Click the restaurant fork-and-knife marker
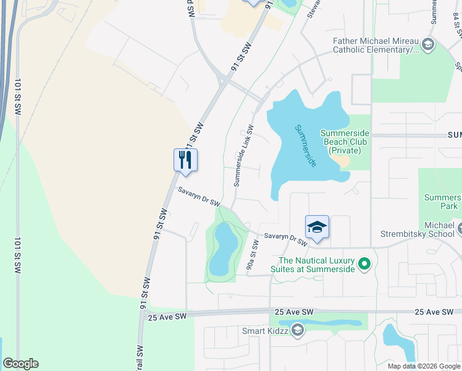[185, 160]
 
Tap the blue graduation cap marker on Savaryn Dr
[317, 227]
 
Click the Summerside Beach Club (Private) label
[345, 142]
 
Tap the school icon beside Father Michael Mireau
[428, 45]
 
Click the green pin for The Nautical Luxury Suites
[364, 265]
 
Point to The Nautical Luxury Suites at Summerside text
[317, 265]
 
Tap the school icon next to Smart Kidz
[297, 331]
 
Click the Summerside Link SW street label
[243, 156]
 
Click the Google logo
[21, 364]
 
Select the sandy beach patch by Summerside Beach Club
[341, 161]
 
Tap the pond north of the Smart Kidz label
[321, 322]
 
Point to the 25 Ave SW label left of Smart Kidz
[167, 316]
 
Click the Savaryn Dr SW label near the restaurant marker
[199, 197]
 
